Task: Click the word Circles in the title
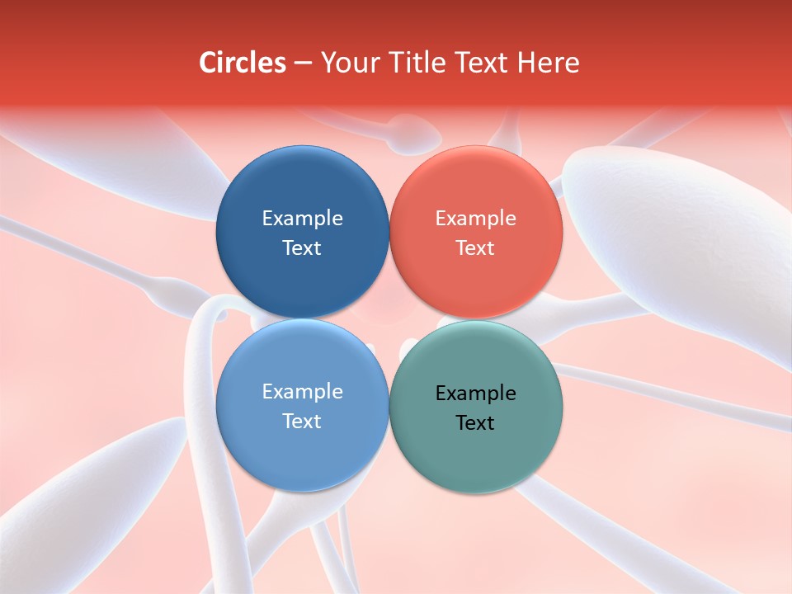[x=243, y=63]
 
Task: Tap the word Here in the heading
[x=548, y=63]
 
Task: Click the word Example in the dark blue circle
[x=302, y=218]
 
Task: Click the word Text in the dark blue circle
[x=302, y=247]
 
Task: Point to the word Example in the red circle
[x=475, y=218]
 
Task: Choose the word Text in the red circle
[x=475, y=247]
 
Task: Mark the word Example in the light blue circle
[x=302, y=391]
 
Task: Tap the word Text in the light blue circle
[x=302, y=421]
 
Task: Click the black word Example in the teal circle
[x=475, y=393]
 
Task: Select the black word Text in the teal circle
[x=475, y=422]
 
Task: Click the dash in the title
[x=303, y=64]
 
